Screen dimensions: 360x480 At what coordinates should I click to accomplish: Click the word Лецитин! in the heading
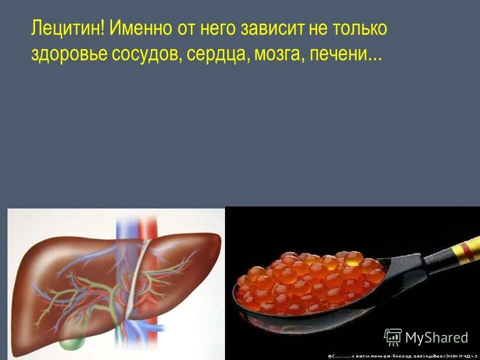pyautogui.click(x=68, y=28)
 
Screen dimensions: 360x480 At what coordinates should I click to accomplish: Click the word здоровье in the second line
pyautogui.click(x=69, y=54)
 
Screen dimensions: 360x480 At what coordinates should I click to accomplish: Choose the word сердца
pyautogui.click(x=218, y=54)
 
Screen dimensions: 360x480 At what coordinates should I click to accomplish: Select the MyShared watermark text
pyautogui.click(x=436, y=337)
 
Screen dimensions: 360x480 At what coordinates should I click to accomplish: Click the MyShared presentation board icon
pyautogui.click(x=392, y=337)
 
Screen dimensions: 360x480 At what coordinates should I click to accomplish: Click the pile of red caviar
pyautogui.click(x=310, y=280)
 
